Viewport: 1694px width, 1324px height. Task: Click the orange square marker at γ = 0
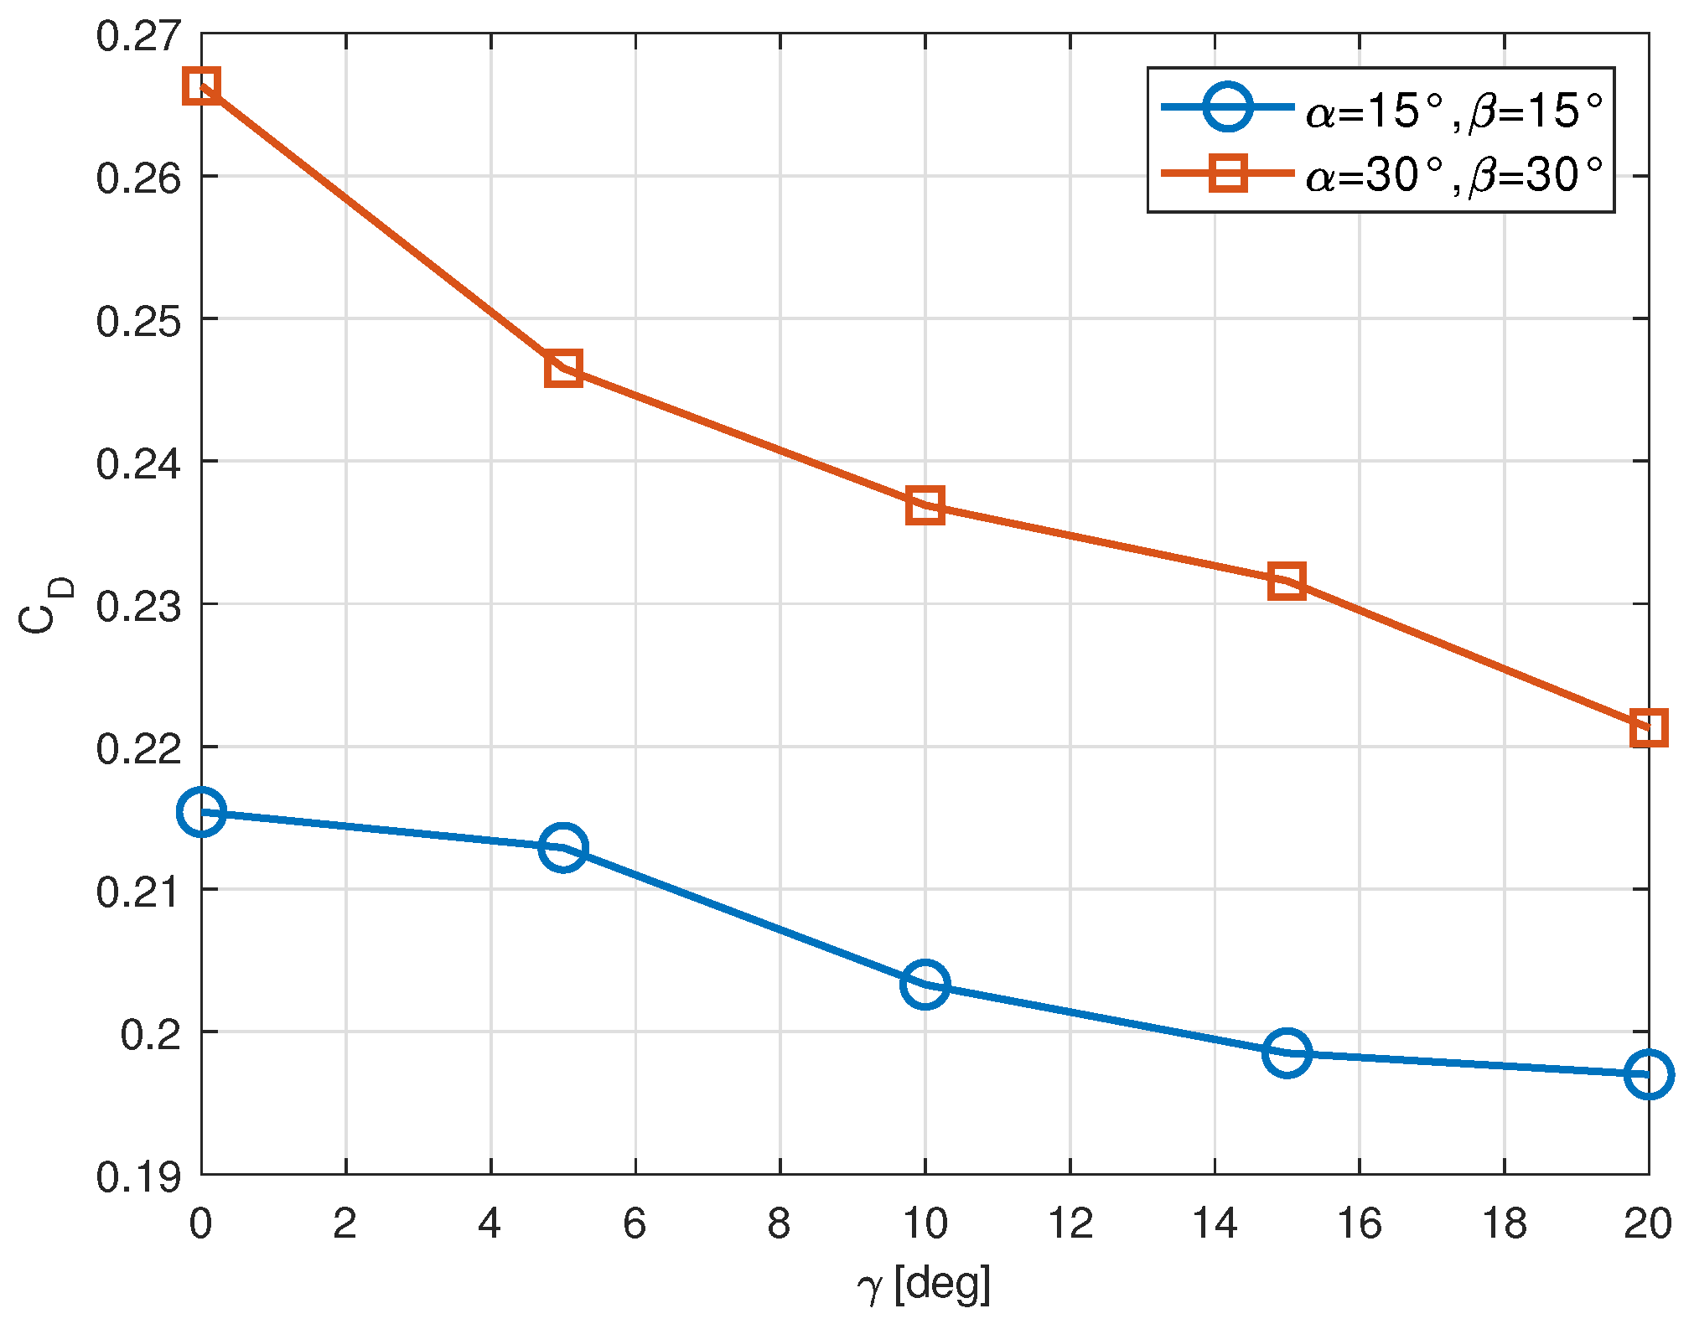pos(201,86)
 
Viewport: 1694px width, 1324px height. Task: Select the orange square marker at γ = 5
pos(563,368)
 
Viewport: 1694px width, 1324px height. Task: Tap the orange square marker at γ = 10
pos(925,505)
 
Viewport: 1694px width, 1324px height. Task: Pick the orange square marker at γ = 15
pos(1287,581)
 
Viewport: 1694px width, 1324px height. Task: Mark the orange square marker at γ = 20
pos(1648,728)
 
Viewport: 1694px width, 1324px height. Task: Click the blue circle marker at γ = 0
pos(201,811)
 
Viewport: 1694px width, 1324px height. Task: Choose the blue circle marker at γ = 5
pos(563,846)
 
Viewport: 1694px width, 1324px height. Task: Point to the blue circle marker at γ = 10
pos(925,984)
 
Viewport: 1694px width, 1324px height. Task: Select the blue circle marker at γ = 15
pos(1287,1052)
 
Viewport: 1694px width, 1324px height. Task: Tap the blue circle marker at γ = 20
pos(1648,1074)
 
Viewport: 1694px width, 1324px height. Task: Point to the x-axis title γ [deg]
pos(924,1285)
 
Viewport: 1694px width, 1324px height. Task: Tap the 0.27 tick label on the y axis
pos(138,37)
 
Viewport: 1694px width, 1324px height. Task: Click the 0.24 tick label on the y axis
pos(138,464)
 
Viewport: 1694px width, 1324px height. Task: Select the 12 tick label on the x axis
pos(1070,1224)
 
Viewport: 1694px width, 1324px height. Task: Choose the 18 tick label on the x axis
pos(1505,1224)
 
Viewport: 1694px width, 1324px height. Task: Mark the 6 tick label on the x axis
pos(635,1224)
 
